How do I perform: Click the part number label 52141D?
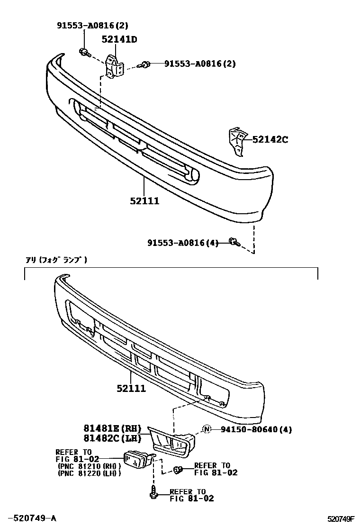[x=119, y=40]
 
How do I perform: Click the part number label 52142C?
[x=270, y=139]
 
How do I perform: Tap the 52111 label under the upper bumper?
[x=144, y=201]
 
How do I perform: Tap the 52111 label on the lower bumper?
[x=131, y=389]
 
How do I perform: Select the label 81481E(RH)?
[x=114, y=428]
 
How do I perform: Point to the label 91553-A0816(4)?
[x=183, y=243]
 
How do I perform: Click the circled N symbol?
[x=207, y=430]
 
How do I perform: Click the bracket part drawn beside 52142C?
[x=237, y=140]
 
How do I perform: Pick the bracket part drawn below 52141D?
[x=114, y=67]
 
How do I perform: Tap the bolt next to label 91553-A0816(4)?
[x=234, y=243]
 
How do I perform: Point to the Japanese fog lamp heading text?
[x=56, y=260]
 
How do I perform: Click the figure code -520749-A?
[x=32, y=518]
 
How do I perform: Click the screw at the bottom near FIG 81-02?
[x=153, y=493]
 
